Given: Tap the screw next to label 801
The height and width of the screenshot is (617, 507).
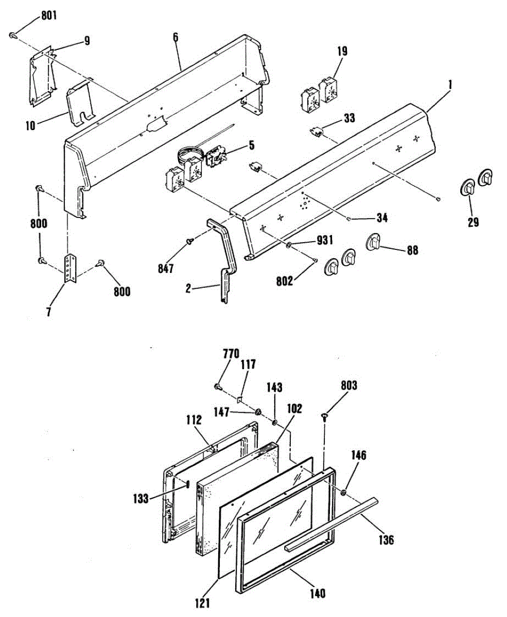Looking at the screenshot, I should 12,35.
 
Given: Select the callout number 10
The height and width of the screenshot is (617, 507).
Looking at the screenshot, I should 31,125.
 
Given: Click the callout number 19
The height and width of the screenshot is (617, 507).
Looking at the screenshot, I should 342,51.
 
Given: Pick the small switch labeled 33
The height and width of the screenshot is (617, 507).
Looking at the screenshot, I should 317,133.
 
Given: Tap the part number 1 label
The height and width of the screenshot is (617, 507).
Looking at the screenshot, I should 449,82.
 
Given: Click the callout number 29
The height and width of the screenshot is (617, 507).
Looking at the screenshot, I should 473,222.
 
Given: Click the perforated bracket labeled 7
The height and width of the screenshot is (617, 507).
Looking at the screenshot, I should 69,268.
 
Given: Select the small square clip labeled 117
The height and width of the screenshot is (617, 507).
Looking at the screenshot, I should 240,397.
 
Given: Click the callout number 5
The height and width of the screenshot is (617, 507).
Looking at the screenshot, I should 251,146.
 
